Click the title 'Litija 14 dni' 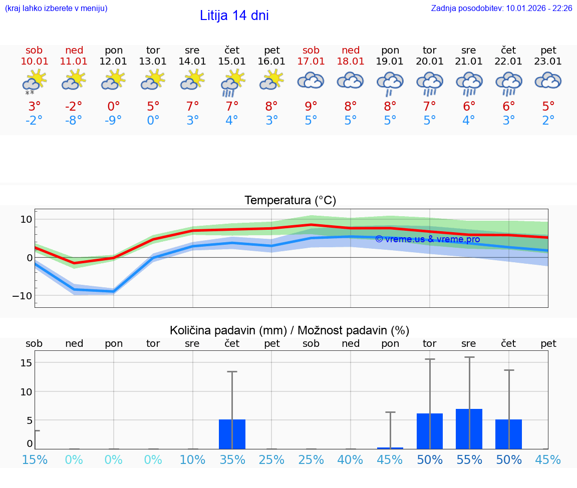point(234,16)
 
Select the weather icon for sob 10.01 point(34,82)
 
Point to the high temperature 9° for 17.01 point(311,106)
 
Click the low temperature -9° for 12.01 point(114,121)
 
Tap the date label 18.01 point(351,62)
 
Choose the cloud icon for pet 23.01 point(548,81)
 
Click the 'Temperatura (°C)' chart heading point(290,201)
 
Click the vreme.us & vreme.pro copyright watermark point(427,239)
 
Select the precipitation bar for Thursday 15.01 point(232,434)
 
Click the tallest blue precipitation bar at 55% point(469,429)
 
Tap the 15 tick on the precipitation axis point(26,362)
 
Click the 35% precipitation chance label point(232,460)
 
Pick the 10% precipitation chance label point(192,460)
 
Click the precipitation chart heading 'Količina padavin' point(290,330)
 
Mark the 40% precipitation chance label point(351,460)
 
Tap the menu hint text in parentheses point(56,8)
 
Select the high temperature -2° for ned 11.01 point(74,106)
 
